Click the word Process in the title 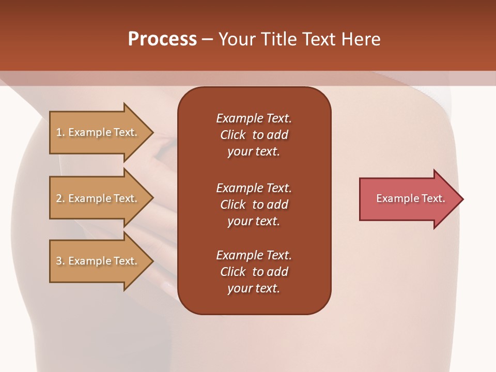(162, 39)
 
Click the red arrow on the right (408, 199)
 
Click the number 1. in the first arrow (60, 132)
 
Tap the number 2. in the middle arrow (60, 198)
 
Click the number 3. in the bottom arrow (60, 261)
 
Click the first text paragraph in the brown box (254, 135)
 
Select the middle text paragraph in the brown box (254, 205)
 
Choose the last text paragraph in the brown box (254, 272)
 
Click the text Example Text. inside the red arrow (410, 198)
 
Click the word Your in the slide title (238, 39)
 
